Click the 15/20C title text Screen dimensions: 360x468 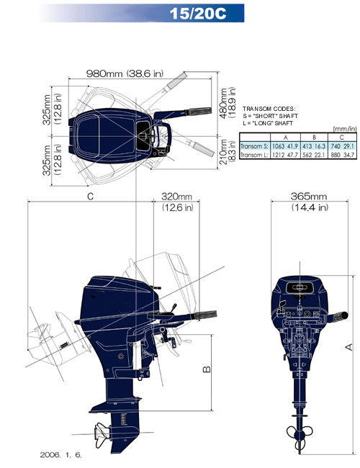click(x=198, y=14)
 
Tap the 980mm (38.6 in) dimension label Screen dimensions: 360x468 click(x=125, y=73)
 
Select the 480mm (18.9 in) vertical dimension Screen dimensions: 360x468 click(x=228, y=103)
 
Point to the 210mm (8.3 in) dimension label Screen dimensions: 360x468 click(x=228, y=151)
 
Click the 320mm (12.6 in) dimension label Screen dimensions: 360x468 click(x=177, y=202)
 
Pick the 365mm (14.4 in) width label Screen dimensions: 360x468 click(x=310, y=202)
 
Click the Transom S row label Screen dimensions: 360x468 click(x=254, y=146)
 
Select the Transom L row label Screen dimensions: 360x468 click(x=254, y=155)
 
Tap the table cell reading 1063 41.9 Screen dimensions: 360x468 click(x=285, y=146)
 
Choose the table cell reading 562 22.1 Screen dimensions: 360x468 click(x=314, y=155)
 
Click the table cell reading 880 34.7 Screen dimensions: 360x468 click(x=343, y=155)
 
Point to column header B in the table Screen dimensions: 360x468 click(x=314, y=138)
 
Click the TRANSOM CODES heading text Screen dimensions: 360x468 click(x=269, y=109)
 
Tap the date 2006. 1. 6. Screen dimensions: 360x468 click(x=60, y=455)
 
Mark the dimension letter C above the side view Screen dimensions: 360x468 click(x=90, y=197)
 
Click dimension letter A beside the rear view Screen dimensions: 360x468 click(x=348, y=347)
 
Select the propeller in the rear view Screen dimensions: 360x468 click(x=300, y=434)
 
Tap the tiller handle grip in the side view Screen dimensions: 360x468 click(x=205, y=315)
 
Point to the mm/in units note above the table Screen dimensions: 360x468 click(x=345, y=129)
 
